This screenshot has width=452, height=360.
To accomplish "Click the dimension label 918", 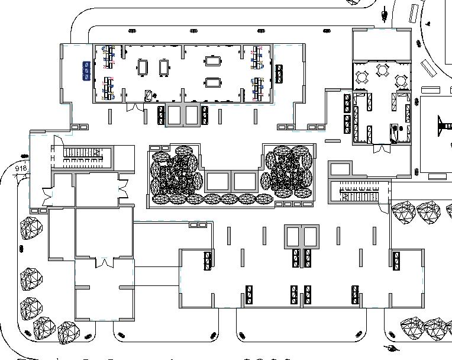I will tap(21, 168).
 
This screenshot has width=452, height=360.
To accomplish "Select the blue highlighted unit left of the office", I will tap(86, 70).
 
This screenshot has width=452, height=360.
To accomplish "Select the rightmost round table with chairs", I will tap(402, 79).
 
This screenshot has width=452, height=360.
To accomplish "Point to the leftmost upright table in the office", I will tap(143, 66).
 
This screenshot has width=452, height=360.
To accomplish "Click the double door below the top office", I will tap(135, 108).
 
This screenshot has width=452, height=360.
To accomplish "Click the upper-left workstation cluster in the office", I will tap(108, 56).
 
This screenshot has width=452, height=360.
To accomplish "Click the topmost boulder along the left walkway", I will tap(30, 227).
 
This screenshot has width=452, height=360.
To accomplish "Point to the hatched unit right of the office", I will tap(280, 74).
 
